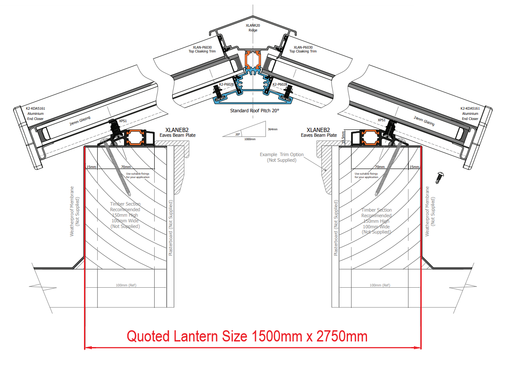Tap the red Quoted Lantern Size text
[x=247, y=336]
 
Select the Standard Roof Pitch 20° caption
[x=255, y=111]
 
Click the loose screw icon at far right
[x=440, y=176]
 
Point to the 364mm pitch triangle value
[x=272, y=129]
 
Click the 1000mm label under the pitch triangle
[x=249, y=139]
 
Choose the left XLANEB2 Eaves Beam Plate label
[x=177, y=132]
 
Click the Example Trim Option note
[x=282, y=157]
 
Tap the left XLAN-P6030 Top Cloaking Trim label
[x=202, y=49]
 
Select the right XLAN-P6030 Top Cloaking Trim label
[x=303, y=49]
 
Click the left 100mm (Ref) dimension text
[x=126, y=285]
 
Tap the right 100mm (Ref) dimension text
[x=379, y=285]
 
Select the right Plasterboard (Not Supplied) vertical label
[x=336, y=228]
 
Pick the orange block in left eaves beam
[x=137, y=138]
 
